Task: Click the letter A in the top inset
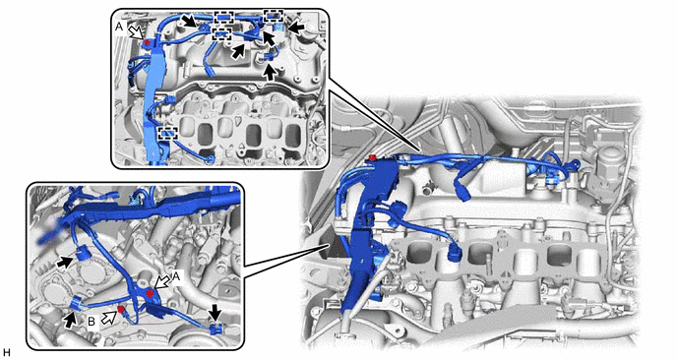click(x=119, y=27)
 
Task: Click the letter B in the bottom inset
click(x=92, y=322)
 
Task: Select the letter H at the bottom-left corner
click(x=5, y=353)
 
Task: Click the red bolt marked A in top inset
click(x=148, y=42)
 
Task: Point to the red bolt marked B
click(x=121, y=310)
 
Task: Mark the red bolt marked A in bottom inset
click(x=151, y=294)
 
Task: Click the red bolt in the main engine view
click(x=370, y=157)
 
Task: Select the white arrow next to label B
click(x=108, y=318)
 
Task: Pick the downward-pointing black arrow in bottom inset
click(x=215, y=312)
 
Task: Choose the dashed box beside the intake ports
click(x=168, y=134)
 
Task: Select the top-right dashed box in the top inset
click(x=274, y=16)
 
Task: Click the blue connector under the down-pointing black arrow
click(x=216, y=329)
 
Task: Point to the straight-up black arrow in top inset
click(x=270, y=72)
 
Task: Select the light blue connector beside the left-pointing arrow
click(x=278, y=29)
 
